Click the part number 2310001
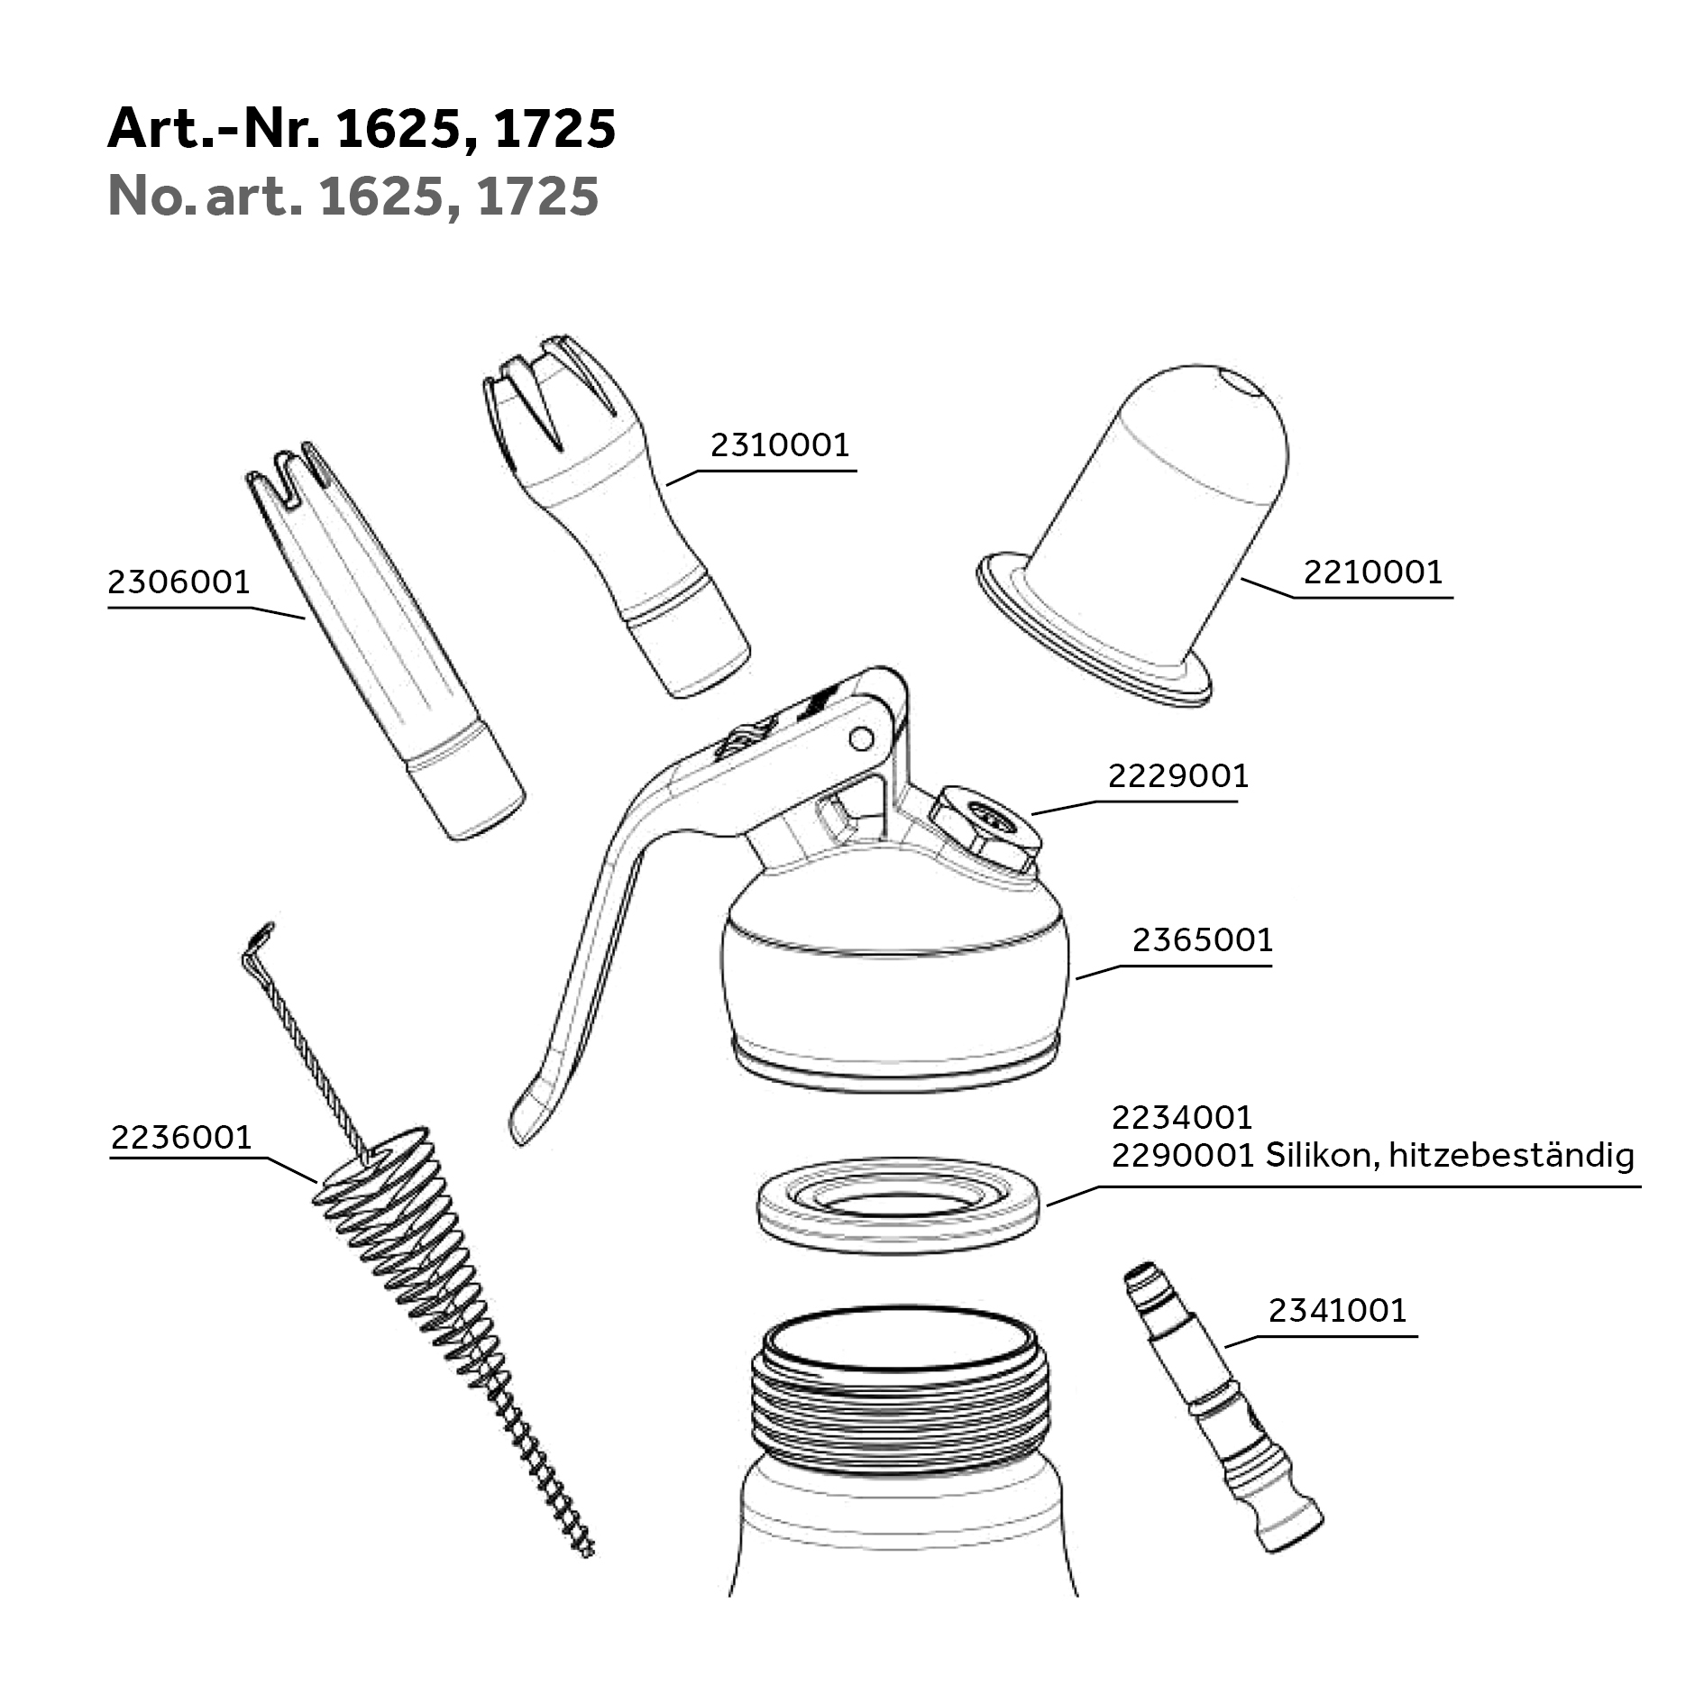tap(780, 445)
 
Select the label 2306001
tap(179, 582)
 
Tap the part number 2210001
tap(1373, 572)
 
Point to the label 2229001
tap(1178, 775)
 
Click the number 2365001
tap(1203, 940)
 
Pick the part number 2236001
tap(181, 1138)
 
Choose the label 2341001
tap(1338, 1311)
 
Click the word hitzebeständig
tap(1511, 1156)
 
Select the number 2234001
tap(1182, 1118)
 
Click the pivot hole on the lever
tap(861, 739)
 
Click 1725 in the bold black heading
tap(555, 128)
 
